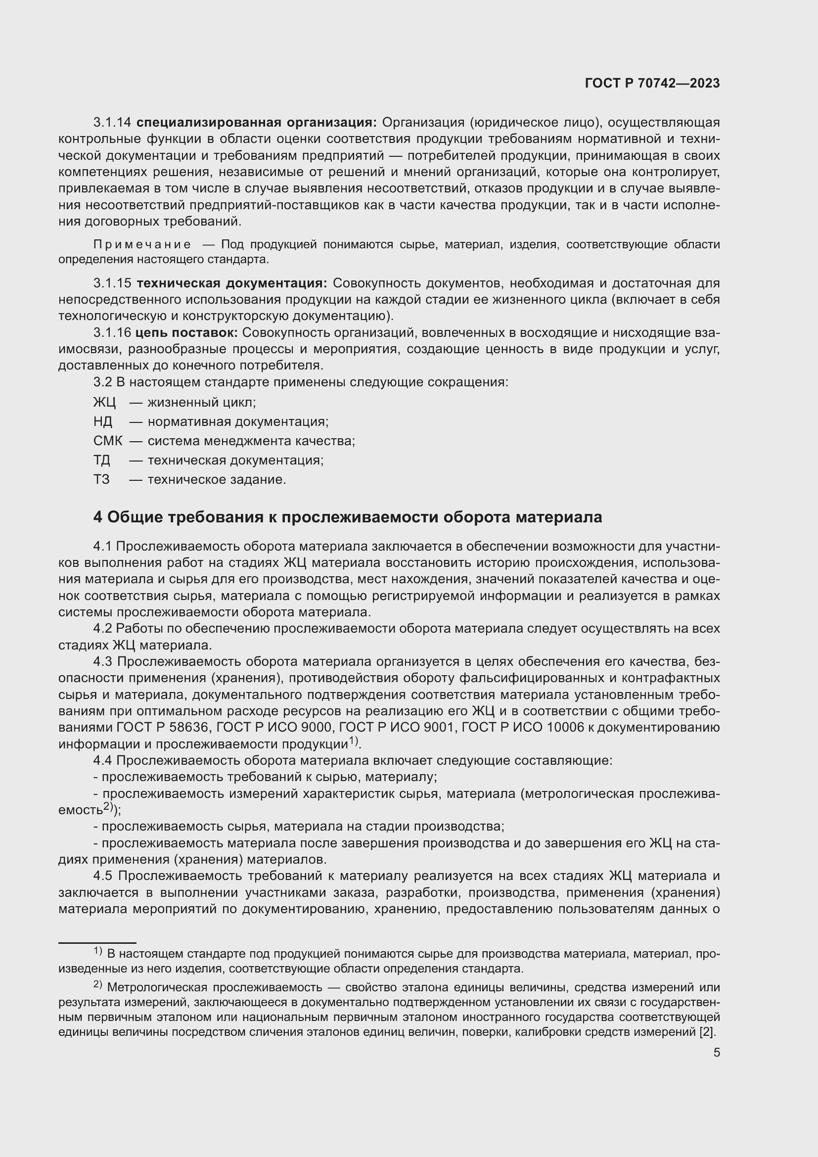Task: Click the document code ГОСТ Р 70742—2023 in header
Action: [x=652, y=84]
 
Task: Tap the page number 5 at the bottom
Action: [x=716, y=1053]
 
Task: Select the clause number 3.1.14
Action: [x=112, y=123]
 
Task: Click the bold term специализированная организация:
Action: [x=256, y=123]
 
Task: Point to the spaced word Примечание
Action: [x=142, y=245]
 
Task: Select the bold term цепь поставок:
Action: [x=186, y=332]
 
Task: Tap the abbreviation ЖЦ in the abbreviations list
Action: [x=104, y=403]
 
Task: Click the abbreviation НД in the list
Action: [x=103, y=422]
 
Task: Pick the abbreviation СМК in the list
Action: [x=107, y=441]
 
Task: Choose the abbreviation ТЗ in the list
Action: [x=101, y=479]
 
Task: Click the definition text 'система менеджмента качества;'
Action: [x=251, y=441]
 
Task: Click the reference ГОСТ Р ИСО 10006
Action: [x=523, y=728]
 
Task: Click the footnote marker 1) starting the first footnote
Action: [x=98, y=951]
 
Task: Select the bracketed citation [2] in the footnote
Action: [x=707, y=1031]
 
